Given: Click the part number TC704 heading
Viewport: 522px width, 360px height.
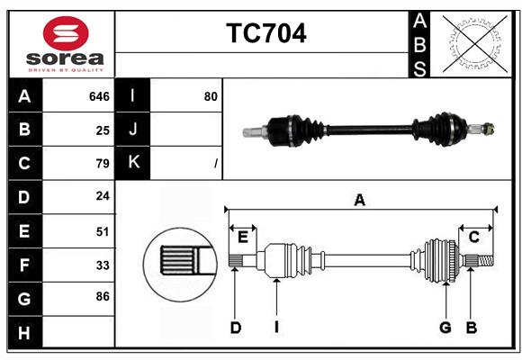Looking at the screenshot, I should click(x=265, y=33).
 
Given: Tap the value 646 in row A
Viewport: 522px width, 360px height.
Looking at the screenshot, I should click(x=99, y=96).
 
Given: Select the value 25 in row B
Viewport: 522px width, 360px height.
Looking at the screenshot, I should click(x=103, y=130).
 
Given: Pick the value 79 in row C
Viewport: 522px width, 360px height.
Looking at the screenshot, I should click(x=102, y=164).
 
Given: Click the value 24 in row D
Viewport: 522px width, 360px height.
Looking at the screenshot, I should click(x=102, y=197).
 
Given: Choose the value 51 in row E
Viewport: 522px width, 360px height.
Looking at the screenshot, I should click(x=102, y=231).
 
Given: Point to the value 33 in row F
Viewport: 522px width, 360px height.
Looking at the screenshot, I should click(x=102, y=265).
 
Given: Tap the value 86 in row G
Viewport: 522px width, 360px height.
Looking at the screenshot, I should click(x=102, y=296).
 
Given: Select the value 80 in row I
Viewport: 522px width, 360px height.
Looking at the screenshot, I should click(x=211, y=96).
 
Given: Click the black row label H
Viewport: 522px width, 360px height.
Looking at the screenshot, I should click(x=24, y=333).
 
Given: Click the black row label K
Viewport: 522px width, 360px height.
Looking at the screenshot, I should click(x=133, y=163).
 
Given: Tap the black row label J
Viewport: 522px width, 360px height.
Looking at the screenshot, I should click(x=133, y=130).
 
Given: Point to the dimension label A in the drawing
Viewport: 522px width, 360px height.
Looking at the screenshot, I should click(x=359, y=200).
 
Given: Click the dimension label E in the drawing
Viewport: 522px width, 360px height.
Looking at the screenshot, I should click(x=243, y=236).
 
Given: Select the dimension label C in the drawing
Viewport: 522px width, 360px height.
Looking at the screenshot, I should click(x=473, y=236).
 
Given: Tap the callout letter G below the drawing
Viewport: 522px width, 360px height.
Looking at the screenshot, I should click(x=445, y=328).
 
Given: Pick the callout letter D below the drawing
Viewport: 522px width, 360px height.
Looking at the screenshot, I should click(x=235, y=328).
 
